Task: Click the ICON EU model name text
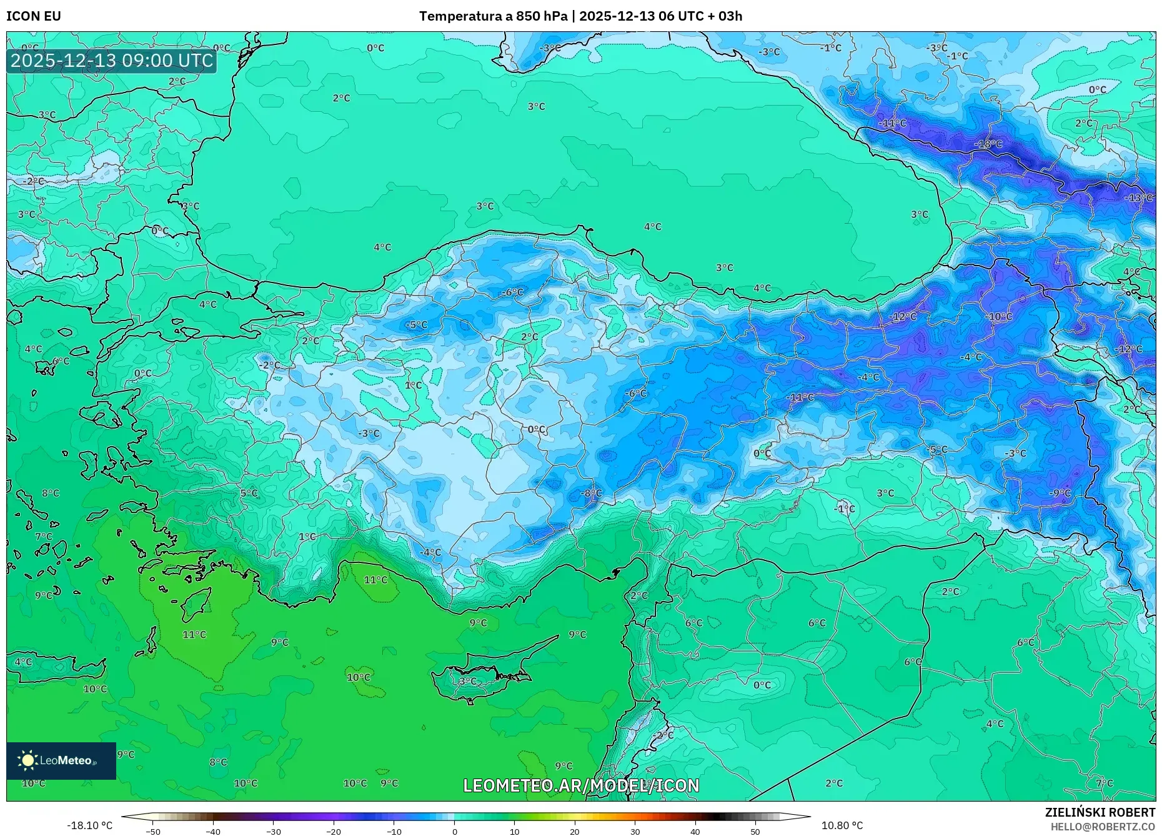(34, 16)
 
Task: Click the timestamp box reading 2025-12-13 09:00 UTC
(112, 61)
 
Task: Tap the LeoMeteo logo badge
(61, 760)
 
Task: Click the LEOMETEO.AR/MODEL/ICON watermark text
(581, 785)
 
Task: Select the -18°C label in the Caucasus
(988, 144)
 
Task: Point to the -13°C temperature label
(1138, 198)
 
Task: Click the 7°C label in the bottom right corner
(1104, 783)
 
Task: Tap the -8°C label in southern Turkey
(591, 493)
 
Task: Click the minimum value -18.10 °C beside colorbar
(89, 825)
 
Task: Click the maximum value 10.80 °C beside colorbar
(842, 825)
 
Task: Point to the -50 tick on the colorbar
(153, 831)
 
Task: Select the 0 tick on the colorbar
(454, 831)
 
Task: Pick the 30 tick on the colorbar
(635, 831)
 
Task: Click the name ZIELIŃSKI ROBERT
(1100, 812)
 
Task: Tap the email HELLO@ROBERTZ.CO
(1102, 827)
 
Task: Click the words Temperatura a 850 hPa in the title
(493, 16)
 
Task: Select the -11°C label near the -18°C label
(892, 123)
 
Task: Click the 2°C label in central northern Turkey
(529, 337)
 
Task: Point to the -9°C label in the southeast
(1060, 493)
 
